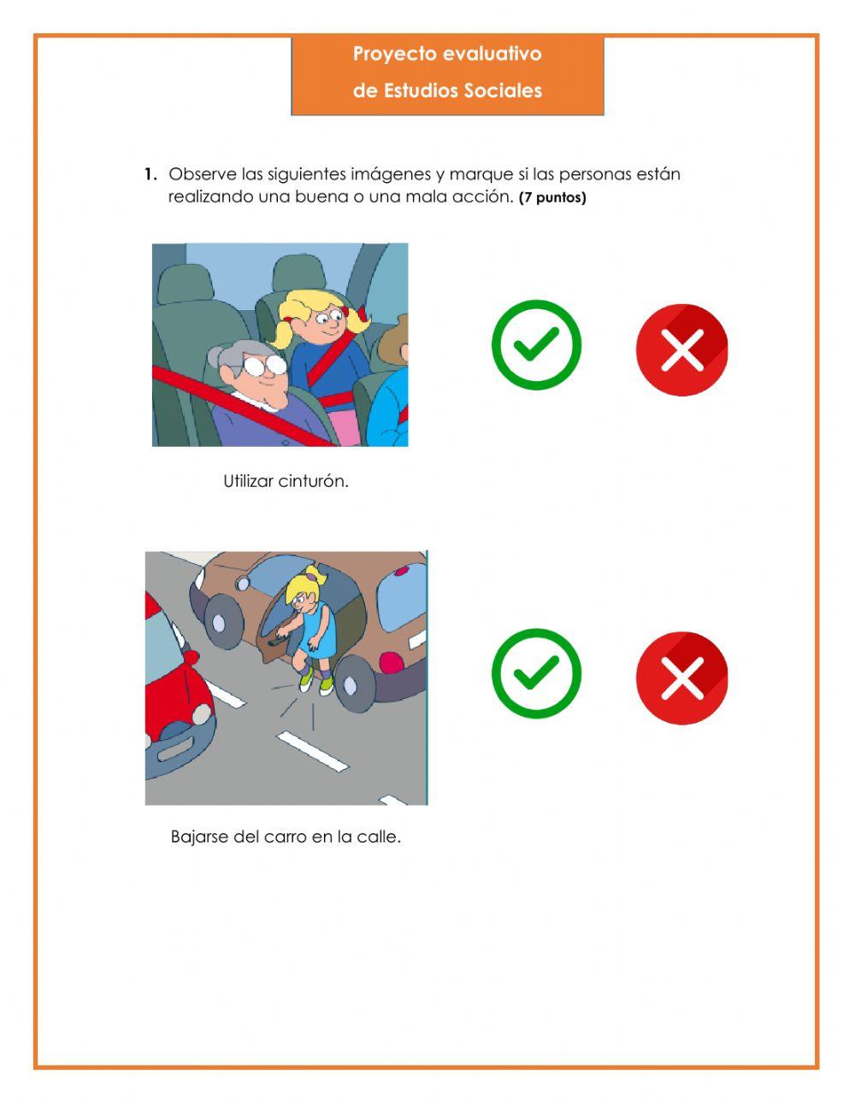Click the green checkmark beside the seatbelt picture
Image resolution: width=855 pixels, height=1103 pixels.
click(536, 345)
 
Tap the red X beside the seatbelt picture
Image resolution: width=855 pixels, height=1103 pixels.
click(681, 349)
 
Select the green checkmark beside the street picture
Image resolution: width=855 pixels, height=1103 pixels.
click(536, 673)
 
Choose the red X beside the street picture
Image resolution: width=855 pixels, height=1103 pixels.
click(681, 678)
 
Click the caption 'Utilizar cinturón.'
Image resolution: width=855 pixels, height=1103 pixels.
click(286, 481)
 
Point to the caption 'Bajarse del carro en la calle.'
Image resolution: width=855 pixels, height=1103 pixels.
click(286, 837)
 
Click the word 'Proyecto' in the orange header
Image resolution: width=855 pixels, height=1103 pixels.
click(387, 54)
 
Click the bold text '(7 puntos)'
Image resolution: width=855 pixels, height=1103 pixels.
click(552, 198)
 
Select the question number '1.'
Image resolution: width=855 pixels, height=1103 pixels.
click(150, 174)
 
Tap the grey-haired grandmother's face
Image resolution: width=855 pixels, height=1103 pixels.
click(263, 380)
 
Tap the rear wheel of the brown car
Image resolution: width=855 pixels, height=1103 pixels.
click(356, 685)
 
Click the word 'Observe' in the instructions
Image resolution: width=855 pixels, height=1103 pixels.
click(203, 174)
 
